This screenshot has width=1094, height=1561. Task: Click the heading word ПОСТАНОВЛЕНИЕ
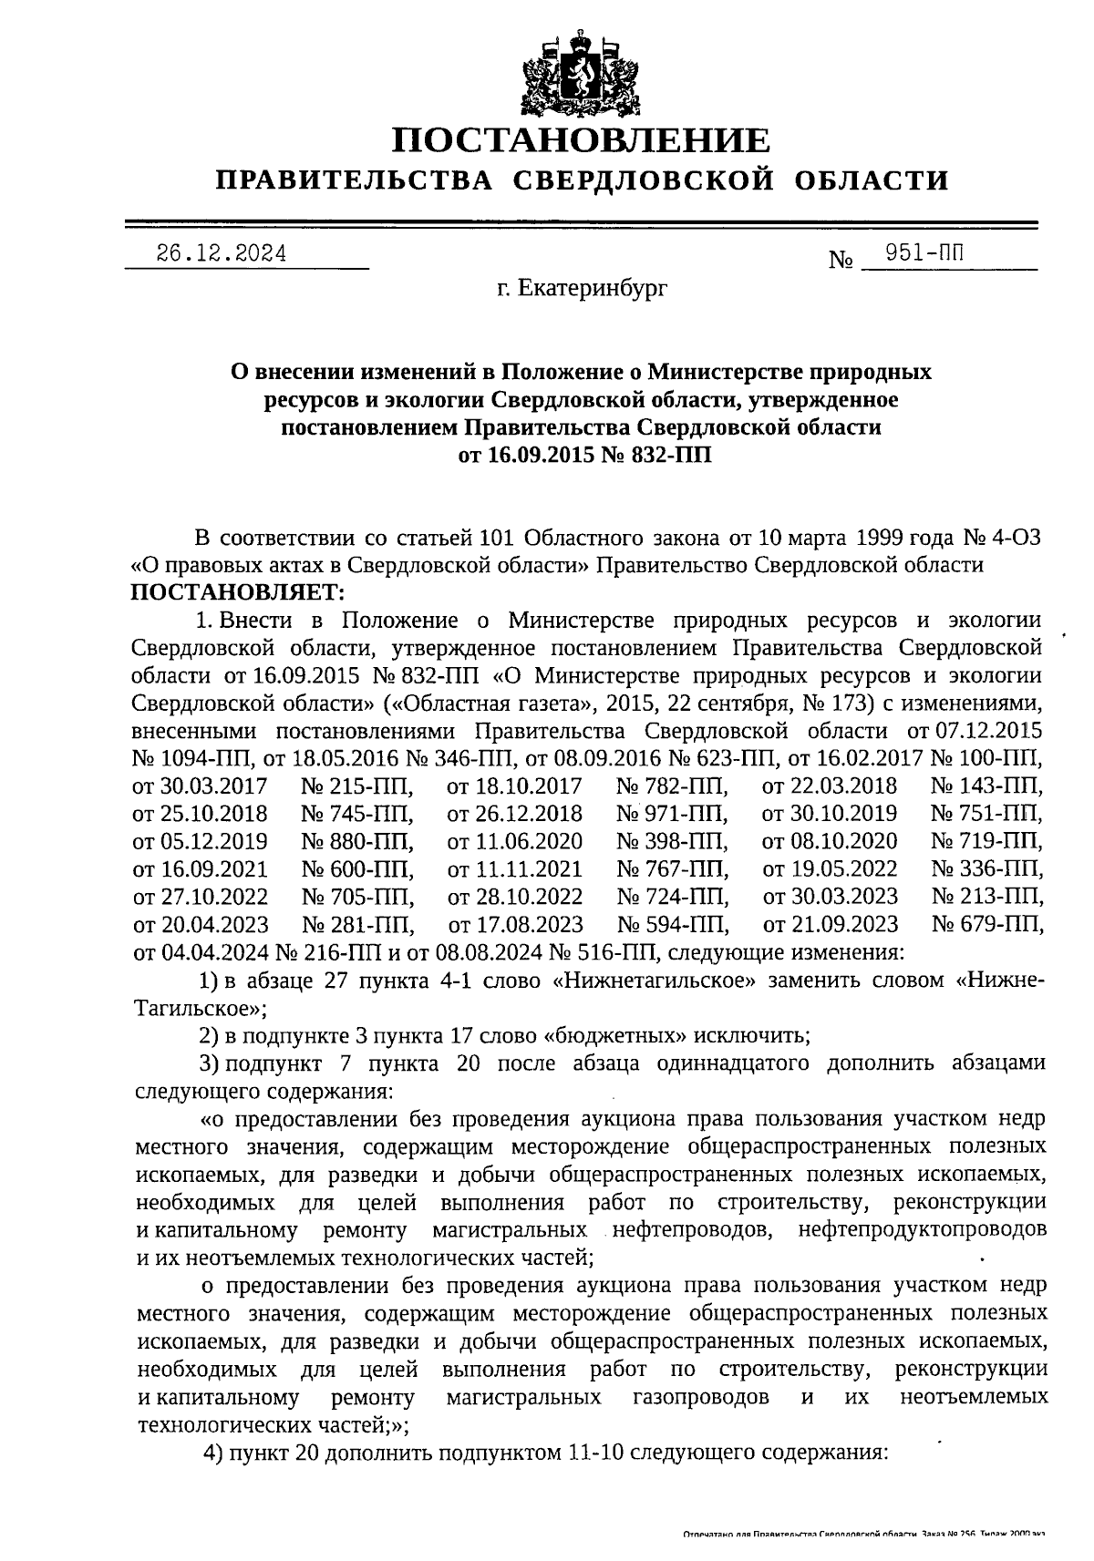point(581,140)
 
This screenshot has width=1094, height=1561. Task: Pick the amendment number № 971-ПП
point(671,814)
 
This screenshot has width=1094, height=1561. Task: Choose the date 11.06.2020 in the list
point(515,841)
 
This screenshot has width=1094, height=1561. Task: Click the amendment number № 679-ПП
point(986,924)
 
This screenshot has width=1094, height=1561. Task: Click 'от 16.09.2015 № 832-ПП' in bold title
point(583,455)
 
